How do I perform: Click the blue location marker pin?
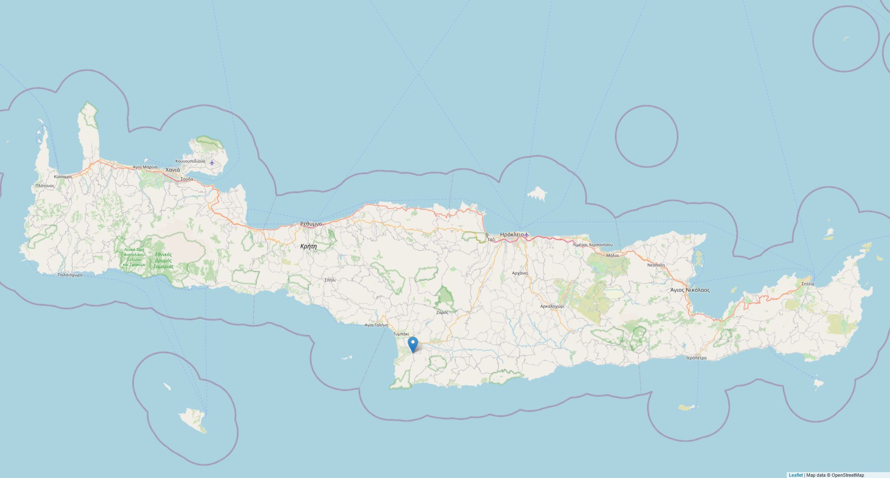coord(413,344)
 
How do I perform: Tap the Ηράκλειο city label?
coord(511,234)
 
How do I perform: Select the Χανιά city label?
coord(173,170)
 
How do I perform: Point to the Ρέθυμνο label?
coord(311,224)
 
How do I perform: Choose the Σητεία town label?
coord(808,284)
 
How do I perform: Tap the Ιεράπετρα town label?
coord(696,358)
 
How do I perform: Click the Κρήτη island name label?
coord(309,246)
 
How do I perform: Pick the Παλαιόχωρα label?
coord(70,275)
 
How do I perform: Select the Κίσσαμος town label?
coord(63,177)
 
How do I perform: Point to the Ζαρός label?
coord(442,312)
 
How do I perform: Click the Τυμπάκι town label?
coord(401,334)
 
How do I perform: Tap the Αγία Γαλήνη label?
coord(376,325)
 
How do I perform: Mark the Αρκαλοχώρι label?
coord(552,306)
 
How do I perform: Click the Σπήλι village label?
coord(330,280)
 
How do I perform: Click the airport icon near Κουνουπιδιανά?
coord(212,162)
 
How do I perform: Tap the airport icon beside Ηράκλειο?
coord(527,234)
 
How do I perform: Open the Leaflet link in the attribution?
coord(795,475)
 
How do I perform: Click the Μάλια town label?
coord(612,255)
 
